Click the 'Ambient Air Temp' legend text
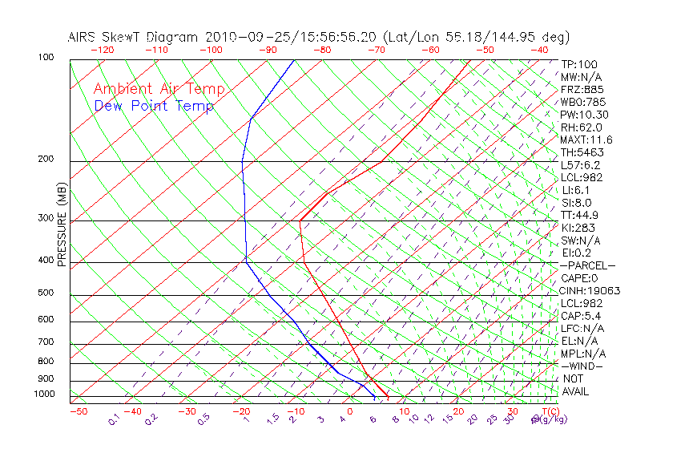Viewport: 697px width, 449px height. [x=159, y=89]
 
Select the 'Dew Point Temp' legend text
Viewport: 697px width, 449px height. [x=154, y=106]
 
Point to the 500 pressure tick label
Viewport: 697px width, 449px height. [x=46, y=293]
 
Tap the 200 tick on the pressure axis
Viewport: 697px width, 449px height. [x=46, y=159]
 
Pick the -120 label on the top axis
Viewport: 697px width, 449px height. [x=102, y=49]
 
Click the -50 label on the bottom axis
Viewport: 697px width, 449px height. [x=78, y=411]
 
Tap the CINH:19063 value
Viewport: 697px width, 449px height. [x=590, y=290]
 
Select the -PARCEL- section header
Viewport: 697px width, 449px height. [x=587, y=265]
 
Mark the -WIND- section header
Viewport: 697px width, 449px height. [x=582, y=366]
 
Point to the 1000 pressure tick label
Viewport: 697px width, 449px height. [x=46, y=394]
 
